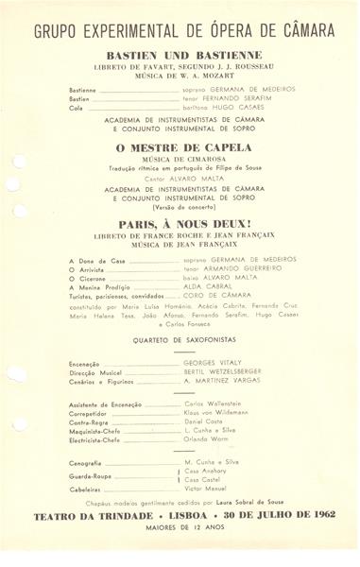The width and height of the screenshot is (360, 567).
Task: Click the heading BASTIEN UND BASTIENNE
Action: pos(183,55)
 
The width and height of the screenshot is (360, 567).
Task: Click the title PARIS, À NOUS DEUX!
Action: pos(183,226)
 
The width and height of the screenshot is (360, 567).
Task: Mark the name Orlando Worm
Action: pos(208,440)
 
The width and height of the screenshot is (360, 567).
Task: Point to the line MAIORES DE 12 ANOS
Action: pos(183,528)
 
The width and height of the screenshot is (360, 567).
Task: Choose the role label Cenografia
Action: pos(90,462)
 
